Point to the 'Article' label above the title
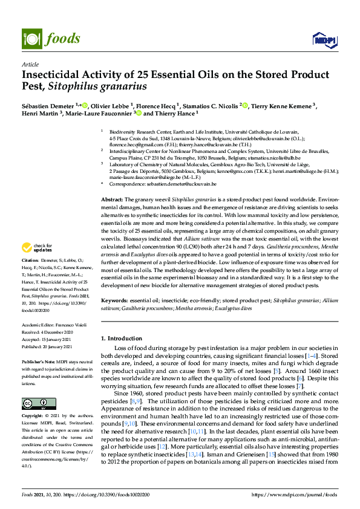click(x=30, y=64)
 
